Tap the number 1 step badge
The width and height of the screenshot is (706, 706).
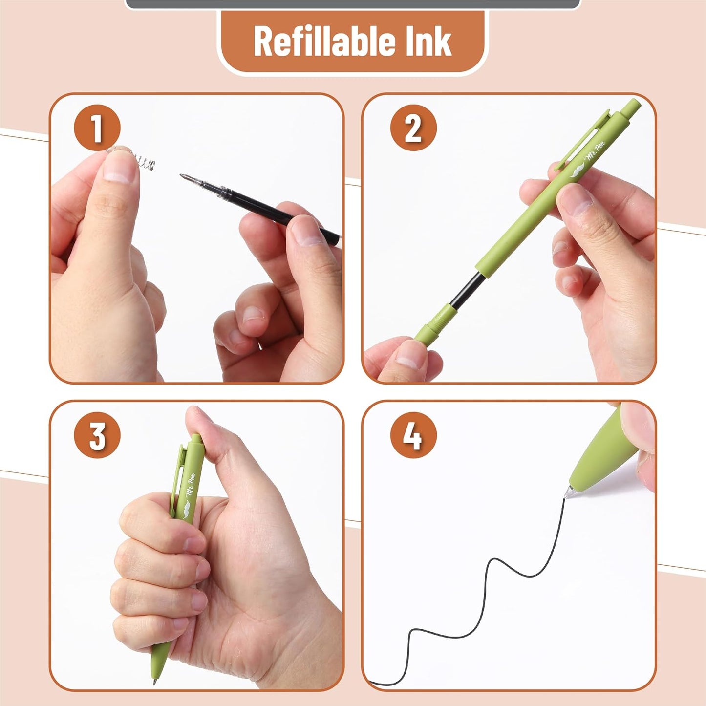pos(97,128)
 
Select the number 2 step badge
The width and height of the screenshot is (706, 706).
pos(413,128)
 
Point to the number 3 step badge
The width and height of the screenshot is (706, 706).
pos(97,436)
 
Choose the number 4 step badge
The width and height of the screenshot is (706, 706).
pos(413,436)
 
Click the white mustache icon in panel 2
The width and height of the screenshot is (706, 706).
pos(578,171)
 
